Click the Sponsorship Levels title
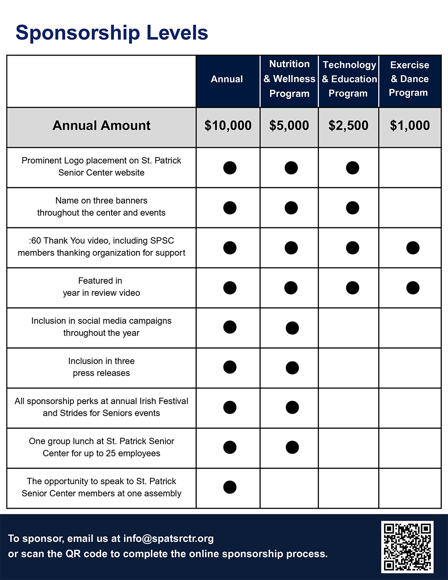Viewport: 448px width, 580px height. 112,33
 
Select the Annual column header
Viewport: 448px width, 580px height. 227,79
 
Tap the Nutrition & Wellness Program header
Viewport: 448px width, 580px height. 289,79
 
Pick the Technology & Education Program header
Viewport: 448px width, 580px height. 349,79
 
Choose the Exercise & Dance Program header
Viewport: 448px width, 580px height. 409,79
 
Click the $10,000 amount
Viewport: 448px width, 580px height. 228,125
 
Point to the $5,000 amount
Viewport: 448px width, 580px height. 289,125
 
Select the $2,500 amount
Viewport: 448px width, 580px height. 348,125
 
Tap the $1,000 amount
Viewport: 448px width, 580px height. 410,125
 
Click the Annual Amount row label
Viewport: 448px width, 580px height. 102,125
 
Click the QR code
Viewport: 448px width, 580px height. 407,547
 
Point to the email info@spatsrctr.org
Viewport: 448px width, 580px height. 168,539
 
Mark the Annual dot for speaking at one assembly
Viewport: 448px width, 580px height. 230,487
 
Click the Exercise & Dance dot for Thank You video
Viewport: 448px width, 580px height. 413,248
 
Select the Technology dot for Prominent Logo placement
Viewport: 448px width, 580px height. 353,168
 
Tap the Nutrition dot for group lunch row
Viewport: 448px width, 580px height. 292,447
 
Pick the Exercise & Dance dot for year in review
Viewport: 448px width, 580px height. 413,288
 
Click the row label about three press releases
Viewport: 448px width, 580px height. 102,367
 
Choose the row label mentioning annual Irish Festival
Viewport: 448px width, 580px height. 102,407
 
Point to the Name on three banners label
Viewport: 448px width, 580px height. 102,207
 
